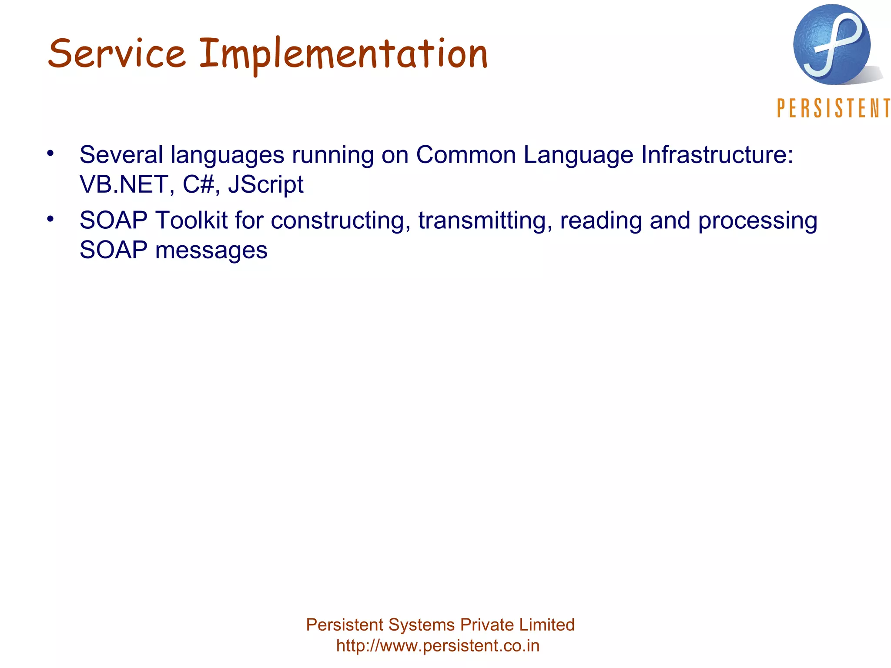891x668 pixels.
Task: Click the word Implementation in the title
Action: click(x=343, y=54)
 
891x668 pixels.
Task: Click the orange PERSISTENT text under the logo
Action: click(x=833, y=108)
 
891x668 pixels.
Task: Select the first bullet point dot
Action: click(x=50, y=153)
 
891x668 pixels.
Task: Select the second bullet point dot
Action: click(x=50, y=219)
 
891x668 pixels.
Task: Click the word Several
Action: click(x=121, y=155)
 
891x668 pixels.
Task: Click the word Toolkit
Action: click(x=191, y=220)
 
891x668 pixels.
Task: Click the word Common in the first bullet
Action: click(x=466, y=155)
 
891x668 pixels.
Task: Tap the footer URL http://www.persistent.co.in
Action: click(x=438, y=646)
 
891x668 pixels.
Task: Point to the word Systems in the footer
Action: click(x=421, y=625)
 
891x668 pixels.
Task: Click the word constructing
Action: click(x=341, y=221)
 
